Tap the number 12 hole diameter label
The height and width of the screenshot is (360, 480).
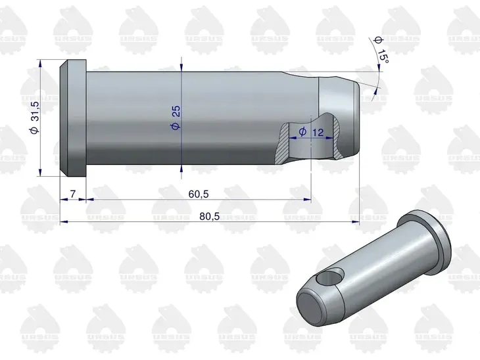[318, 132]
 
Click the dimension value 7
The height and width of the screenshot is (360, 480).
[72, 194]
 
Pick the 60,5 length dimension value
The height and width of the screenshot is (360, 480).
[199, 194]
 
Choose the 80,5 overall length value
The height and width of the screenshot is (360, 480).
[210, 216]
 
